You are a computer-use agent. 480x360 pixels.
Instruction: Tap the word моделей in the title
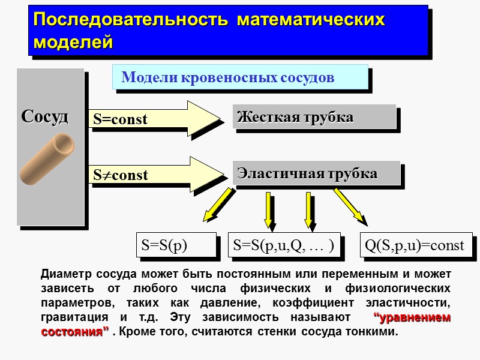point(73,43)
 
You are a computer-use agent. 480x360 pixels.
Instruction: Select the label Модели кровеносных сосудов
point(228,77)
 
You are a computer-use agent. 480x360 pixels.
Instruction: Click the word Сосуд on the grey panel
point(45,116)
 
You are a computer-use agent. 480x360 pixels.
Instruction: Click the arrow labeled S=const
point(156,119)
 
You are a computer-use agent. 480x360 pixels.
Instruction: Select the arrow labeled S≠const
point(156,175)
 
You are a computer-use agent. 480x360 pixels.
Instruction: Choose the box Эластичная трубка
point(316,173)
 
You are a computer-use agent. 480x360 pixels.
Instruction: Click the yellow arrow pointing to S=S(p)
point(217,204)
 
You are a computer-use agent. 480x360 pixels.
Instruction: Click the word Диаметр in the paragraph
point(62,275)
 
